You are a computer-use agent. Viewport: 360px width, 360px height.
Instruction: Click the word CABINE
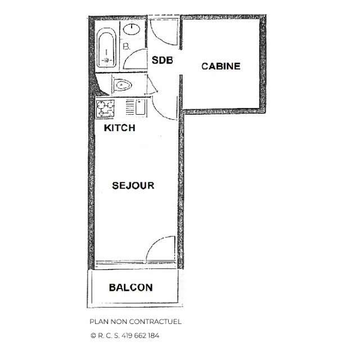tap(220, 66)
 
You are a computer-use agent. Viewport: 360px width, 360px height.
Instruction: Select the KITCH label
tap(120, 128)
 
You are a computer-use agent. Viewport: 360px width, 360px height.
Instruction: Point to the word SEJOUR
tap(133, 186)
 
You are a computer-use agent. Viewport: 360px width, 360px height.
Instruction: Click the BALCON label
tap(130, 287)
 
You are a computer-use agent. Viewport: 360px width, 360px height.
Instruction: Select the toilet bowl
tap(122, 85)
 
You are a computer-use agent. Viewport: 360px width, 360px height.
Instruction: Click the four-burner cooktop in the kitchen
tap(105, 108)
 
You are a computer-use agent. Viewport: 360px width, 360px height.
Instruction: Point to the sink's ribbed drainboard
tap(130, 107)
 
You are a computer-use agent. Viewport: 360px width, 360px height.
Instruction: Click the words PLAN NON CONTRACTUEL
tap(136, 322)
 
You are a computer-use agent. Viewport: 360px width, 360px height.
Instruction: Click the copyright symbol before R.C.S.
tap(93, 336)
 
